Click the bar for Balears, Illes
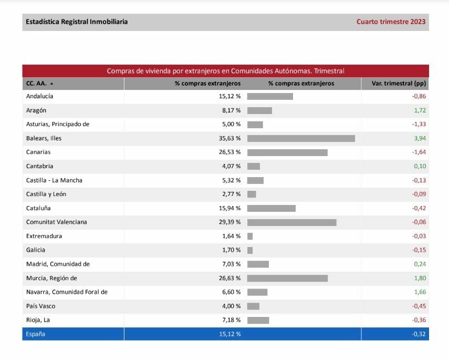[301, 138]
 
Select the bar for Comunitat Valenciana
[291, 222]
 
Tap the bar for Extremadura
[250, 236]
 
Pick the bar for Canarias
[287, 152]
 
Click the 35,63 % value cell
[229, 138]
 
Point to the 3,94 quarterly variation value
[419, 138]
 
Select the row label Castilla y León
[46, 194]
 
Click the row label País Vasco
[40, 306]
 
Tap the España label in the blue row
[36, 334]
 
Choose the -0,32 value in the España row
[419, 334]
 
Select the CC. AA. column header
[39, 83]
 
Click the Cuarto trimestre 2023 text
[391, 22]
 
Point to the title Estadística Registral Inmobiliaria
[77, 22]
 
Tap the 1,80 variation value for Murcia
[419, 278]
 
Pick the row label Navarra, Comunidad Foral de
[67, 292]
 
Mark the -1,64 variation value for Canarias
[419, 152]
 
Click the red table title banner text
[225, 71]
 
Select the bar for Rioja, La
[258, 320]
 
